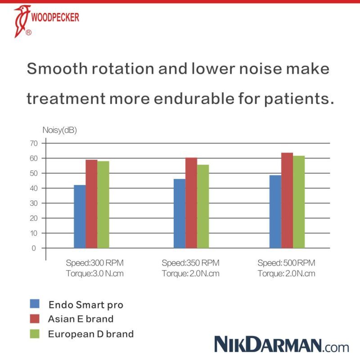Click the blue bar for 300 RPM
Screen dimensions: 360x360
(x=80, y=216)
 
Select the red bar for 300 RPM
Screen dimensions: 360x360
(x=91, y=204)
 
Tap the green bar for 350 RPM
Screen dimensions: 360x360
(x=203, y=206)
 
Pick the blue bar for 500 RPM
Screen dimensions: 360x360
(x=275, y=211)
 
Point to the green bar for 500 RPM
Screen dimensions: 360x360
(x=299, y=202)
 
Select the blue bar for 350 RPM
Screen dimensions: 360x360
(x=179, y=213)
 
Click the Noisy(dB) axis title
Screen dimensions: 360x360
(x=60, y=130)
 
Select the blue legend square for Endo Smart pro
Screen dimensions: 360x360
(x=35, y=303)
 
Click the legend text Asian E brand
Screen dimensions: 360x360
(x=81, y=319)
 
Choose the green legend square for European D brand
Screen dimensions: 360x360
(x=35, y=333)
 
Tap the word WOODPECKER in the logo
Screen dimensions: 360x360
(x=56, y=17)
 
